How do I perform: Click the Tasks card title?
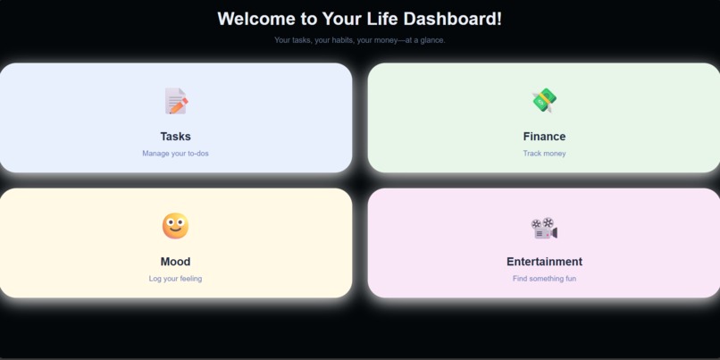point(175,137)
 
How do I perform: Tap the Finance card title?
point(544,137)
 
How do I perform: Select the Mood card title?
point(175,262)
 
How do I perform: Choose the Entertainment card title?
point(544,262)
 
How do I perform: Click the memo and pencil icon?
point(176,101)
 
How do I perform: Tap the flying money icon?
point(544,101)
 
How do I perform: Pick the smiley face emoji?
point(175,226)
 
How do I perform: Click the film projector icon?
point(544,228)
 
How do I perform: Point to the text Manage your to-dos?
point(175,154)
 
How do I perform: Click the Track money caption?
point(544,154)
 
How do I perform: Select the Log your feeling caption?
point(175,279)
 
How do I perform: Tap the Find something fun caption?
point(544,279)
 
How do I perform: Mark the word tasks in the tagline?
point(302,40)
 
